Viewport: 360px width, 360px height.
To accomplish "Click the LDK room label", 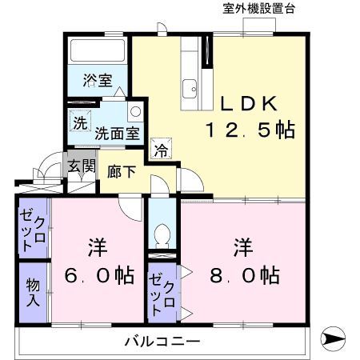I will coord(248,103).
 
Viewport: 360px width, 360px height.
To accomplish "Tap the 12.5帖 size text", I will coord(248,130).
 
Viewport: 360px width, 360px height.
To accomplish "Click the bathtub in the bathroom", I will coord(98,51).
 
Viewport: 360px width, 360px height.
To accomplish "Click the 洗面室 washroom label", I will coord(115,134).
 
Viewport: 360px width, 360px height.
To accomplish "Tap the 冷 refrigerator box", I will coord(160,148).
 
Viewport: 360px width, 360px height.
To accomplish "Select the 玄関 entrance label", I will coord(81,168).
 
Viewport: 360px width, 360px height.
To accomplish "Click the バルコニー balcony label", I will coord(162,342).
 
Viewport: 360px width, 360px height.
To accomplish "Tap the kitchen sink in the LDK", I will coord(191,87).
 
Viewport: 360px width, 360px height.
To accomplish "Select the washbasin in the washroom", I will coord(135,112).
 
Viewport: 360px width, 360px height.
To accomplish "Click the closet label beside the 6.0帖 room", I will coord(33,228).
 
